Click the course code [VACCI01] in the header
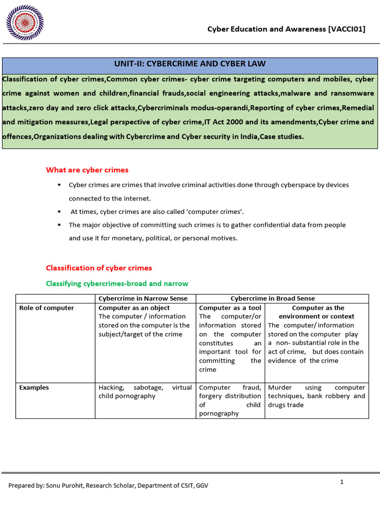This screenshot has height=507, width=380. point(346,29)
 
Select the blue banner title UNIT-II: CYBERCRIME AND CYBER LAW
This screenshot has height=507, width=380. point(190,64)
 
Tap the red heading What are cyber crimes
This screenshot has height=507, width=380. point(87,170)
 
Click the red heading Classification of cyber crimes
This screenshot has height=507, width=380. point(99,268)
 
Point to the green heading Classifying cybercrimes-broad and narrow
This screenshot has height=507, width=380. point(117,284)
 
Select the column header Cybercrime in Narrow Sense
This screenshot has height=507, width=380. point(143,298)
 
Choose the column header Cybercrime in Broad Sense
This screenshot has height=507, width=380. point(273,298)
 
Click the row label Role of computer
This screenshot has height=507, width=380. point(47,308)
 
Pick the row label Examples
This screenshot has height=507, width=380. point(34,388)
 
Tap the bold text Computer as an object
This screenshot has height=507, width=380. point(134,308)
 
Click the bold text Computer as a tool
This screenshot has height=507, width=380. point(230,308)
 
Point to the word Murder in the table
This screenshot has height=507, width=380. point(280,388)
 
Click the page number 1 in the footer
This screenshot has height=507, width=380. point(341,482)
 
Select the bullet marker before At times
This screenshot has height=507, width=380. point(59,211)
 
